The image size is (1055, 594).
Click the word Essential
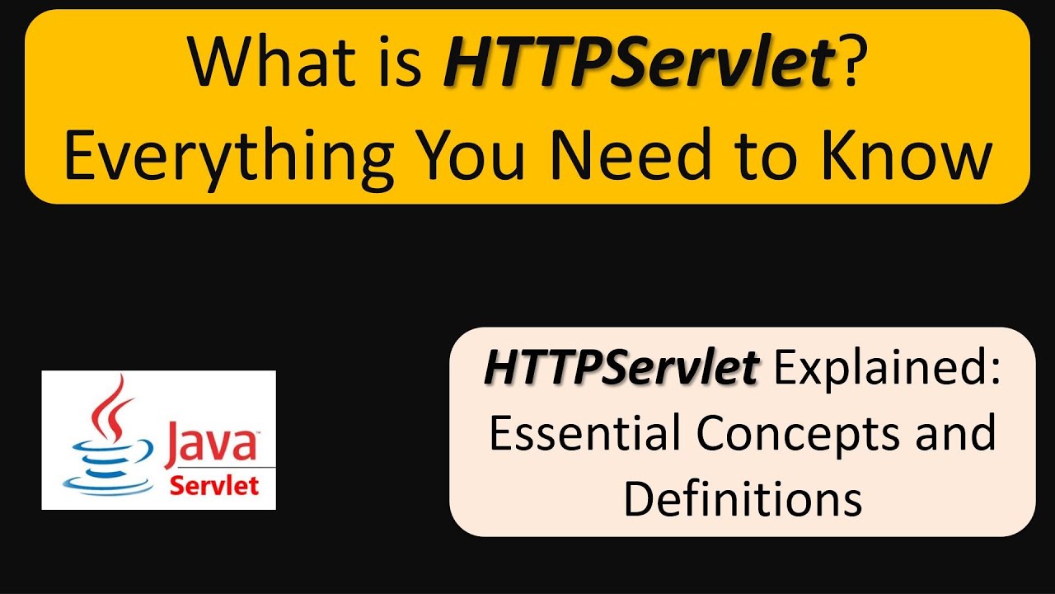(x=584, y=433)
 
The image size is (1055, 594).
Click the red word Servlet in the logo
(x=213, y=485)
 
